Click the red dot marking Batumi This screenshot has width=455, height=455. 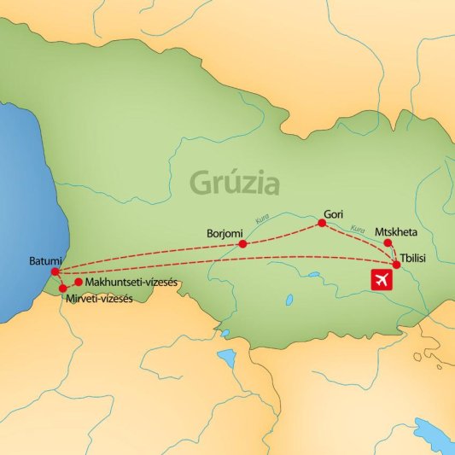pyautogui.click(x=55, y=272)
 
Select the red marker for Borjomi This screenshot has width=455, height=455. pyautogui.click(x=243, y=244)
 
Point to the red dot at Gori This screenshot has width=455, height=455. pyautogui.click(x=322, y=224)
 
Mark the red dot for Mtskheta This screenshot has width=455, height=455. pyautogui.click(x=388, y=242)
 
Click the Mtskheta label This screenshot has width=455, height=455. pyautogui.click(x=399, y=230)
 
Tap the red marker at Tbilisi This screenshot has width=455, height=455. pyautogui.click(x=396, y=265)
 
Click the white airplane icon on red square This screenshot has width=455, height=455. pyautogui.click(x=381, y=279)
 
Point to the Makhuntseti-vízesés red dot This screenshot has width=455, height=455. pyautogui.click(x=79, y=282)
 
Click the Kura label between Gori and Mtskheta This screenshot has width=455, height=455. pyautogui.click(x=358, y=229)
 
